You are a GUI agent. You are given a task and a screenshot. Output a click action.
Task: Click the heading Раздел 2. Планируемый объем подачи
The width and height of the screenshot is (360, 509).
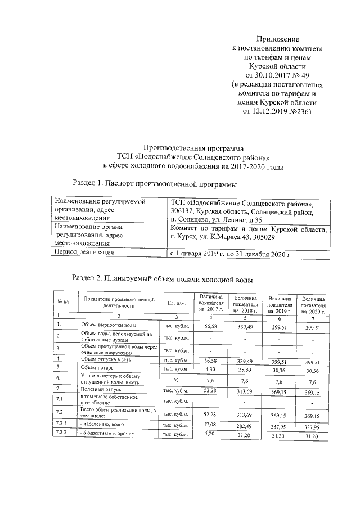[x=163, y=279]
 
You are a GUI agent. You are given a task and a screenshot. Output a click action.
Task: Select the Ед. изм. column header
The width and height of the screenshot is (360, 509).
[x=176, y=304]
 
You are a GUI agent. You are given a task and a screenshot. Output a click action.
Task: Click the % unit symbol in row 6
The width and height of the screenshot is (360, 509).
[x=175, y=379]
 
